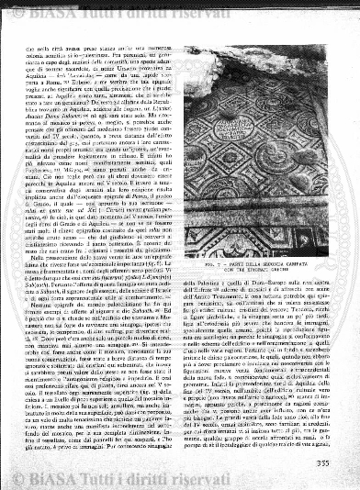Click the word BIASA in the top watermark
point(69,12)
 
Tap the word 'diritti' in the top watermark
point(186,12)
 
